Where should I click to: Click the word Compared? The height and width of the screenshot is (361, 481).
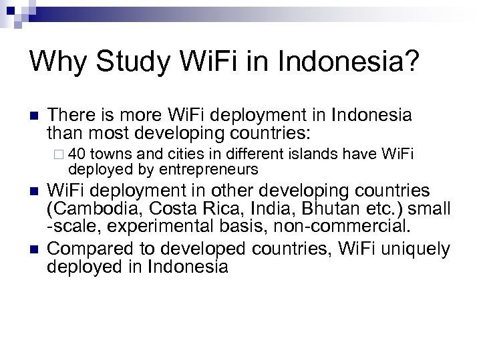click(89, 251)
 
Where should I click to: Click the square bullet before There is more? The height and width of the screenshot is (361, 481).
click(33, 116)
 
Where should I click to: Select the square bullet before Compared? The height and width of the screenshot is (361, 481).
click(33, 251)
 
